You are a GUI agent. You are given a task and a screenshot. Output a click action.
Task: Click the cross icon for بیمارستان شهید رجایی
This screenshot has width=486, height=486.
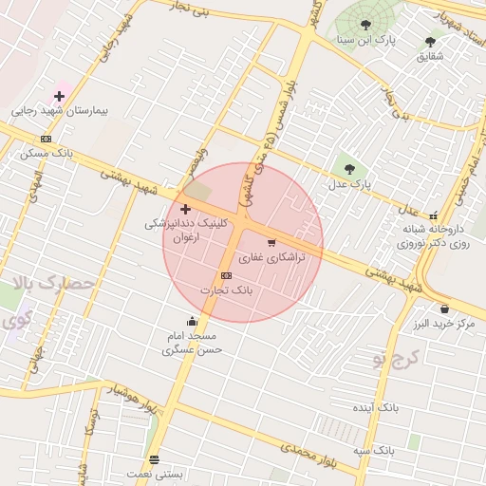[59, 96]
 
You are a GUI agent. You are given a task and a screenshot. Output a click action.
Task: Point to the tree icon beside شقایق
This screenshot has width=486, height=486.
[430, 42]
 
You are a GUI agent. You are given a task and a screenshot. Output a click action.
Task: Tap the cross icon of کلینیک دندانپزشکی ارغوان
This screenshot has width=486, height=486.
[184, 208]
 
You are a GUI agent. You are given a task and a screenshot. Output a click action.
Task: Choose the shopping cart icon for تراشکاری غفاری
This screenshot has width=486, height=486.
[271, 243]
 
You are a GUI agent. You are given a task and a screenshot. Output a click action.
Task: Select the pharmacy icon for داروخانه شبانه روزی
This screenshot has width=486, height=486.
[434, 215]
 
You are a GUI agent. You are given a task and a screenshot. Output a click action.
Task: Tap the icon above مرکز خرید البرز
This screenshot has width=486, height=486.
[444, 308]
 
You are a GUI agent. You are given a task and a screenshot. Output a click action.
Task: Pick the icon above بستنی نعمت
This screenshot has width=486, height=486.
[154, 459]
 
